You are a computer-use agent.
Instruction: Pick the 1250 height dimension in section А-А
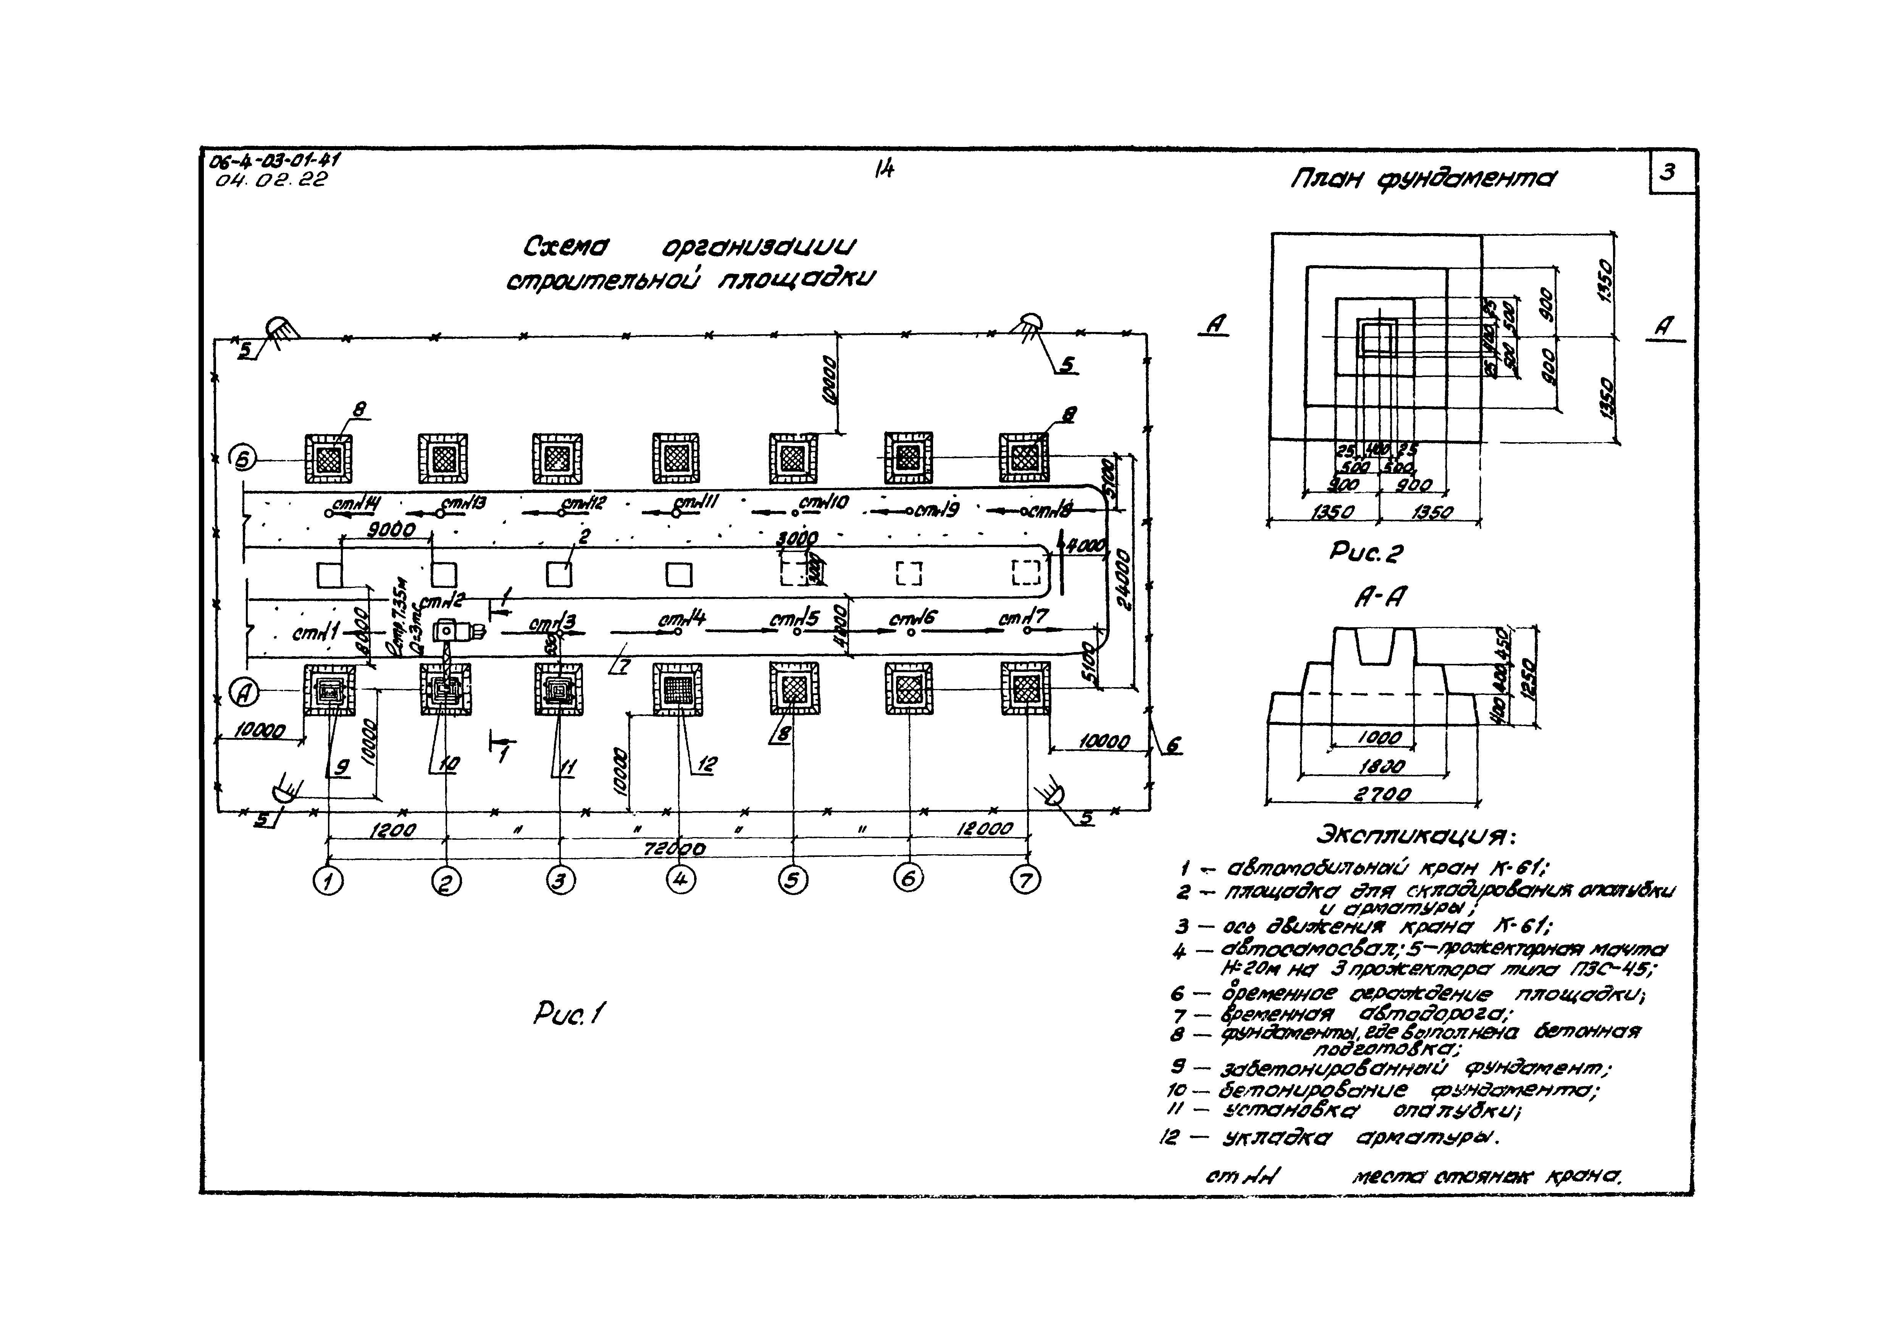(x=1527, y=676)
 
